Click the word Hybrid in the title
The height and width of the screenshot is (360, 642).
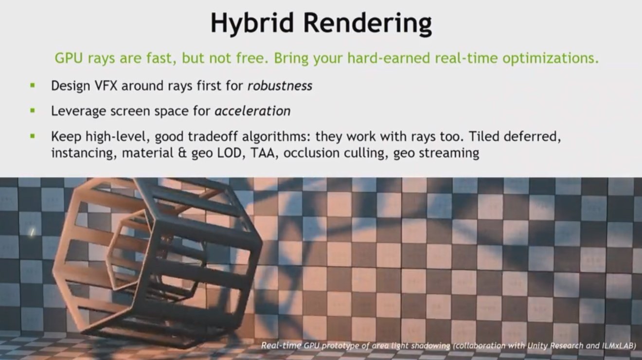point(252,23)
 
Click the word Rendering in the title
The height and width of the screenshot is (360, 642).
point(367,23)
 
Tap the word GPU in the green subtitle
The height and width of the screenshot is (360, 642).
point(69,58)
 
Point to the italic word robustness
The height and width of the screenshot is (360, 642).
point(280,86)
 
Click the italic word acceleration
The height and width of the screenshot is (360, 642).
point(252,111)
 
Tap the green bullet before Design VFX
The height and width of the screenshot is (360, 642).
point(33,85)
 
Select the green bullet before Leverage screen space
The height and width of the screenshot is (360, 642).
point(33,110)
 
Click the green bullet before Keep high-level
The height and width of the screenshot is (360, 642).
point(33,136)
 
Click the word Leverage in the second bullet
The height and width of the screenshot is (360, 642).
point(78,111)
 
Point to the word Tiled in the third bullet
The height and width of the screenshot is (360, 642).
point(484,136)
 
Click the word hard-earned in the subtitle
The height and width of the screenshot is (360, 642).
point(389,58)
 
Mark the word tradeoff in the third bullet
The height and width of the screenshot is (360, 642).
point(213,136)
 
